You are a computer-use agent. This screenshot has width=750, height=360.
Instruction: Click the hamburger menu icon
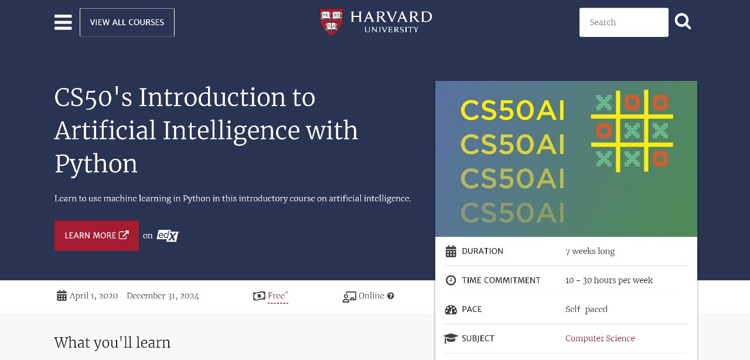(63, 22)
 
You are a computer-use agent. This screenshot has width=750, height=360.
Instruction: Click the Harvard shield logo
(331, 22)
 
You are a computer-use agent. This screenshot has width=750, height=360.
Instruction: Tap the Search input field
(624, 22)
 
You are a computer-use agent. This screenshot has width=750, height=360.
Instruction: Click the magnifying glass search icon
(683, 22)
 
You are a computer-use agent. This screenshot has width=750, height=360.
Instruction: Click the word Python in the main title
(96, 164)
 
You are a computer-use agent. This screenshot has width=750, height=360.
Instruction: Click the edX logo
(168, 235)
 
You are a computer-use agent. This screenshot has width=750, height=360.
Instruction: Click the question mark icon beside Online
(390, 296)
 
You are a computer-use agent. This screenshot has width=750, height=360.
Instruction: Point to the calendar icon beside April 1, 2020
(62, 296)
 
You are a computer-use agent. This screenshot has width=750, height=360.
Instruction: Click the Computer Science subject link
(600, 338)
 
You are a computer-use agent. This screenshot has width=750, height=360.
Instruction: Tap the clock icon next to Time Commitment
(451, 280)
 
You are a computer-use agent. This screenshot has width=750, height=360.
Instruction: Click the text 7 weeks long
(590, 251)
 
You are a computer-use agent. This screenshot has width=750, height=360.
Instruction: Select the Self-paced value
(587, 309)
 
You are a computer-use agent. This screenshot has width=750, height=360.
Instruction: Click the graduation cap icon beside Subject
(451, 338)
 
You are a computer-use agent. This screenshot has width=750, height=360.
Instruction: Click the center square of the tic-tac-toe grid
(632, 131)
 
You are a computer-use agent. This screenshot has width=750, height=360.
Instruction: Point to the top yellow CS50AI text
(513, 110)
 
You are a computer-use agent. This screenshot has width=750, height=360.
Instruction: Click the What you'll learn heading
(112, 342)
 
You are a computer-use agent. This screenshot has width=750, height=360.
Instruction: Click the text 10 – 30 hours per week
(609, 280)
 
